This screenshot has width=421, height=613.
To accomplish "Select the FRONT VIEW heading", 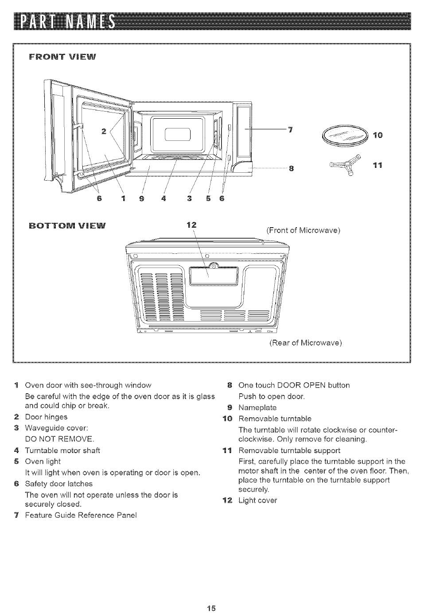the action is [x=62, y=57].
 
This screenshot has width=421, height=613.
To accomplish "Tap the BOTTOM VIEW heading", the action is [x=67, y=226].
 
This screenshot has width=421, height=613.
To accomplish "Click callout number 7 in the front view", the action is [x=290, y=129].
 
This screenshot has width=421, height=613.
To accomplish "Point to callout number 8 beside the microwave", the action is [x=292, y=168].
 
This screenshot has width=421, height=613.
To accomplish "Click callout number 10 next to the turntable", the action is [x=378, y=135].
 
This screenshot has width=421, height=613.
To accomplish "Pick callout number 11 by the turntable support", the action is [x=378, y=165].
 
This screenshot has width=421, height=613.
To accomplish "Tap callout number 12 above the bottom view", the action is [x=191, y=225].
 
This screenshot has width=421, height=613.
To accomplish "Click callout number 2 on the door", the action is [x=103, y=132].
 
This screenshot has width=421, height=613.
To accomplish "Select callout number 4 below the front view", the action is [x=164, y=198].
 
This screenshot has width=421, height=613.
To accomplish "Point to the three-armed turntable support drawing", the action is [x=346, y=165].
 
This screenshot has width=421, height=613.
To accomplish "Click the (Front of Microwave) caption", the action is [x=303, y=230].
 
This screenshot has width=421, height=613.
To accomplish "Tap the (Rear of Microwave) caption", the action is [x=306, y=343].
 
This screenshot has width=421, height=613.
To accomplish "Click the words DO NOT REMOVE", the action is [x=59, y=439].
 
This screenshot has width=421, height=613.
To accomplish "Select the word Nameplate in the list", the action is [x=257, y=407].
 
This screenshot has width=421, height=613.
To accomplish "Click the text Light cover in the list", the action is [x=258, y=500].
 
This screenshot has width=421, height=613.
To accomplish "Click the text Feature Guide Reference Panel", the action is [x=81, y=515].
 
